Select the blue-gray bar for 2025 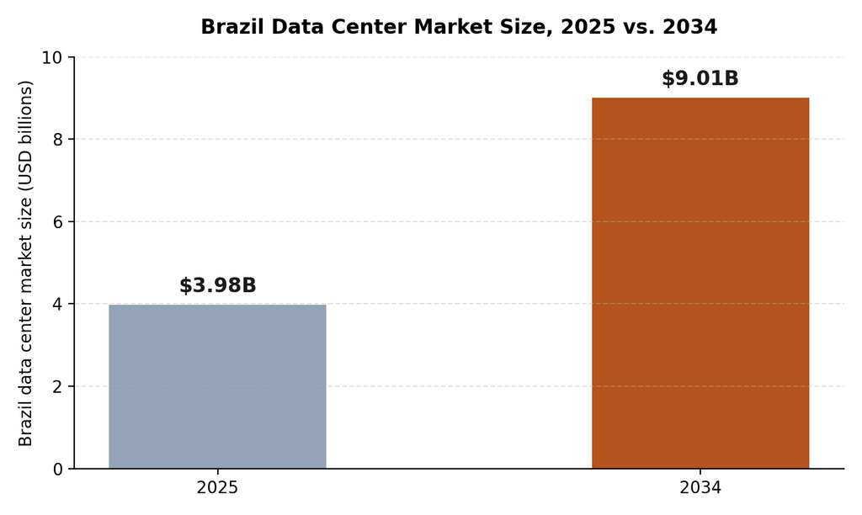(x=217, y=386)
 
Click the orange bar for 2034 (x=700, y=283)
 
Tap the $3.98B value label (x=218, y=286)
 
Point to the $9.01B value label (x=700, y=78)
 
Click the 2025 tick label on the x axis (x=218, y=488)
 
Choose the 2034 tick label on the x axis (x=700, y=488)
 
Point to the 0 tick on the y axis (x=58, y=470)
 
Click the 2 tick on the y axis (x=58, y=387)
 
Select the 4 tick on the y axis (x=58, y=305)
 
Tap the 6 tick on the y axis (x=58, y=222)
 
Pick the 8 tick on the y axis (x=58, y=140)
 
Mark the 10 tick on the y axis (x=53, y=58)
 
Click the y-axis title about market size (x=26, y=263)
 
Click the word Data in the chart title (x=298, y=27)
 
